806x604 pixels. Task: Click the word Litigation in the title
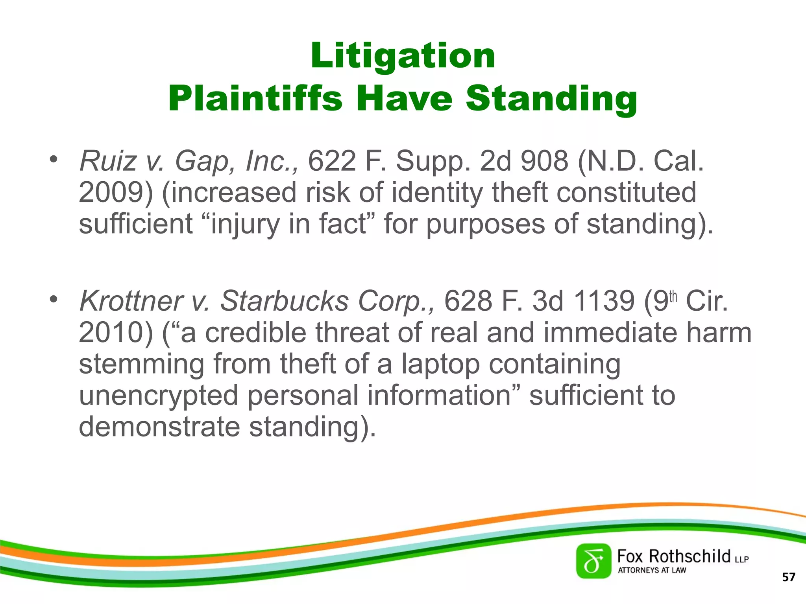click(x=403, y=56)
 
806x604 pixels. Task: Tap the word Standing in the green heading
click(x=551, y=99)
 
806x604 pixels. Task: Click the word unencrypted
click(x=159, y=396)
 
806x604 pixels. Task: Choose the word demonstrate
click(x=159, y=427)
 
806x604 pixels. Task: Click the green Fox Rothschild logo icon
click(x=593, y=561)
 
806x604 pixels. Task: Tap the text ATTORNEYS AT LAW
click(x=652, y=570)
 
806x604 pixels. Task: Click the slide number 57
click(x=789, y=577)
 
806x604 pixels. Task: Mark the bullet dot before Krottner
click(x=54, y=299)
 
